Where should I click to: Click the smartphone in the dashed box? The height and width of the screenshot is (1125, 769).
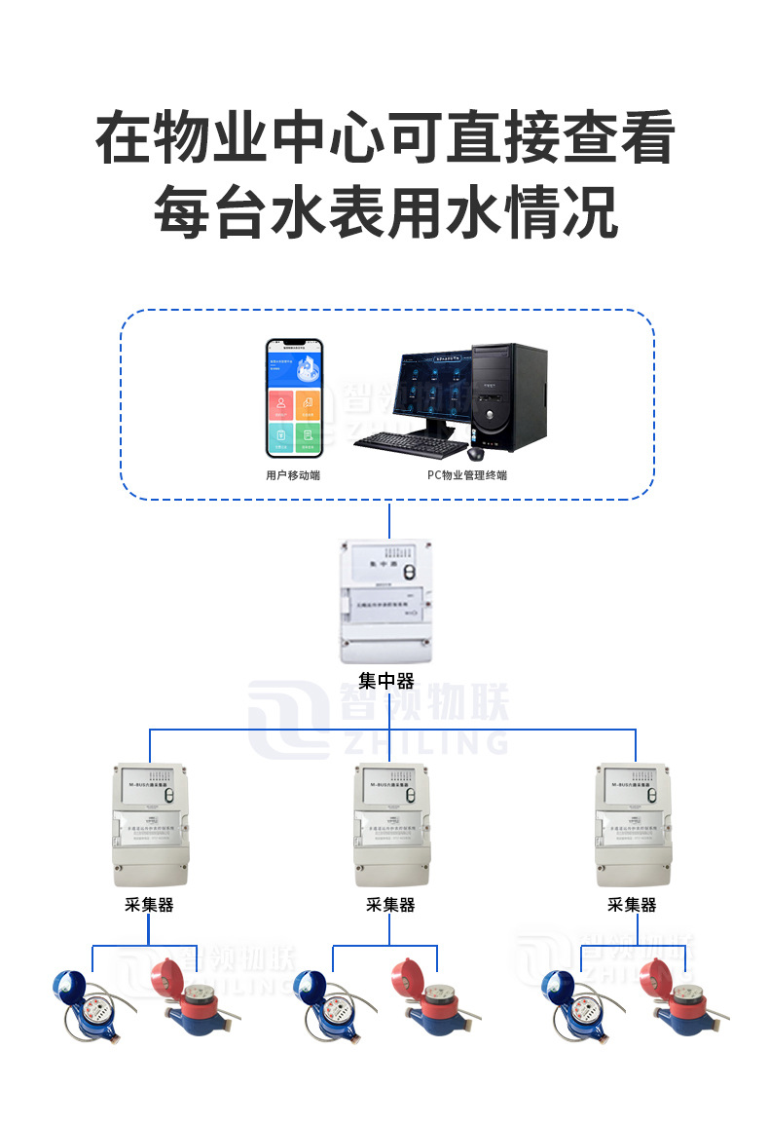[x=294, y=398]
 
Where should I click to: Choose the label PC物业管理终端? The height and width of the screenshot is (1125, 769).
[x=466, y=475]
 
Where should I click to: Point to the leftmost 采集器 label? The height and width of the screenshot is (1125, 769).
[x=150, y=905]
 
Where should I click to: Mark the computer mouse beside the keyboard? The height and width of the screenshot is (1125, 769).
[x=475, y=453]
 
